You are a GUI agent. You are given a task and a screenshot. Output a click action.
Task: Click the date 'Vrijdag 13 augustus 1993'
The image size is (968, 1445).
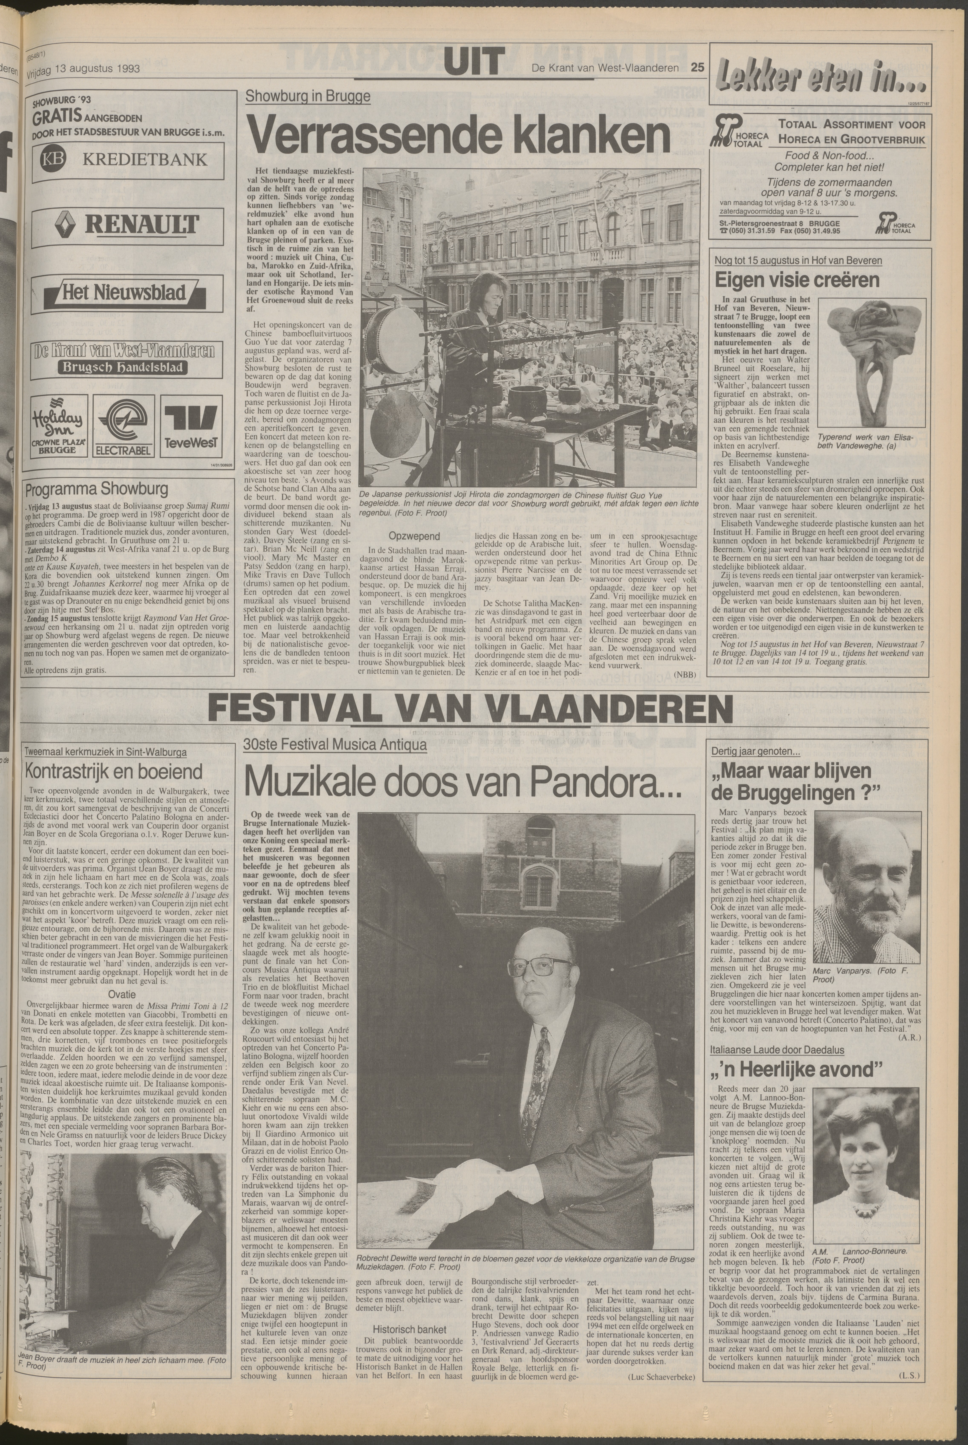click(83, 69)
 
